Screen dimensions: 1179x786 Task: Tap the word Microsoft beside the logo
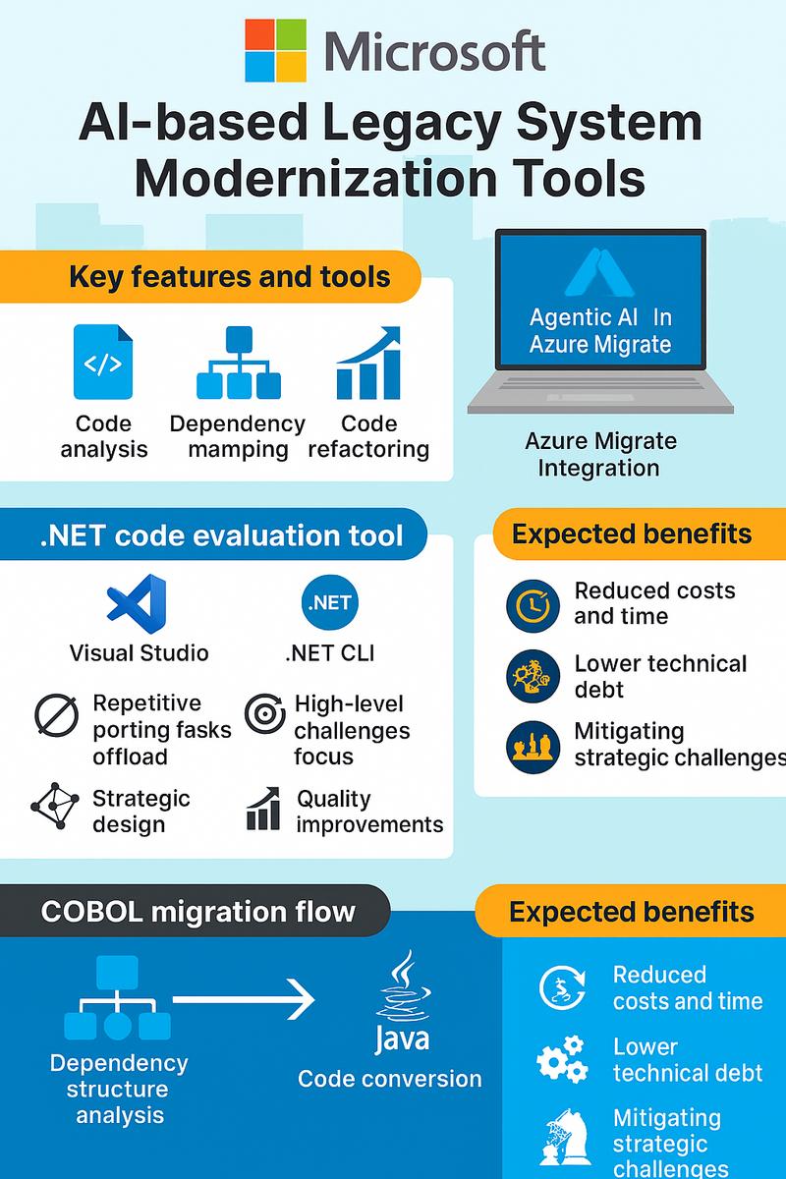click(x=433, y=52)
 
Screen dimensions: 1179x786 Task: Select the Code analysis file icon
click(x=103, y=363)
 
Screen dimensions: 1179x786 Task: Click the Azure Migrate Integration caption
click(x=599, y=454)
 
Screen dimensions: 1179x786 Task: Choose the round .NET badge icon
click(x=330, y=601)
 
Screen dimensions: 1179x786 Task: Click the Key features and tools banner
click(x=229, y=277)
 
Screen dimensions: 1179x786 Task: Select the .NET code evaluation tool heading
click(x=221, y=535)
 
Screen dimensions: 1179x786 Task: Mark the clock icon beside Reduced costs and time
click(x=533, y=604)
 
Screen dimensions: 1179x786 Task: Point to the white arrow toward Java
click(x=244, y=1001)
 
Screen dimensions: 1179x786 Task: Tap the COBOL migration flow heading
click(x=197, y=911)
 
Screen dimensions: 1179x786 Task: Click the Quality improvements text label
click(x=369, y=811)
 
